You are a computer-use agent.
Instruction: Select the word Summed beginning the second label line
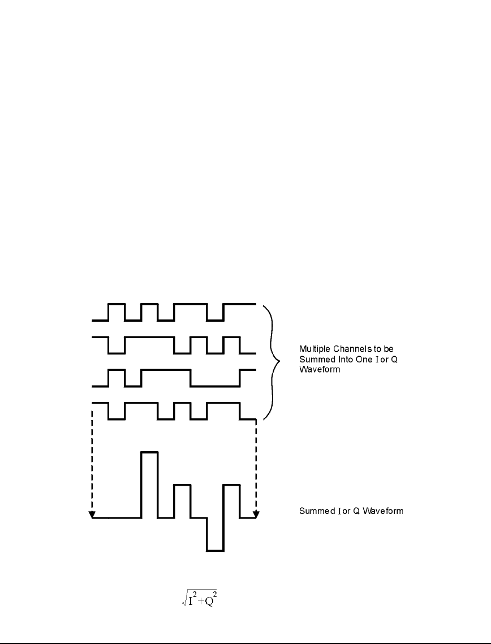316,360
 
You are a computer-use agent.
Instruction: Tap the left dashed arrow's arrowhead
92,514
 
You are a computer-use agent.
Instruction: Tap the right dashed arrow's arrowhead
256,514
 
